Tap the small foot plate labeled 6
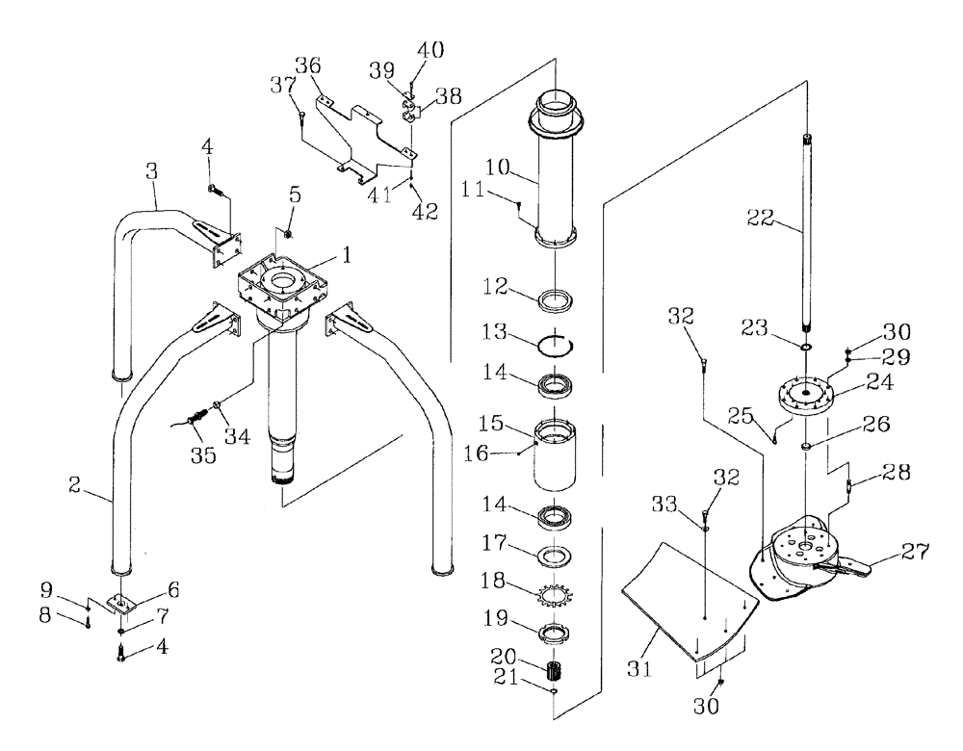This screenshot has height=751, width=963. pos(123,604)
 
